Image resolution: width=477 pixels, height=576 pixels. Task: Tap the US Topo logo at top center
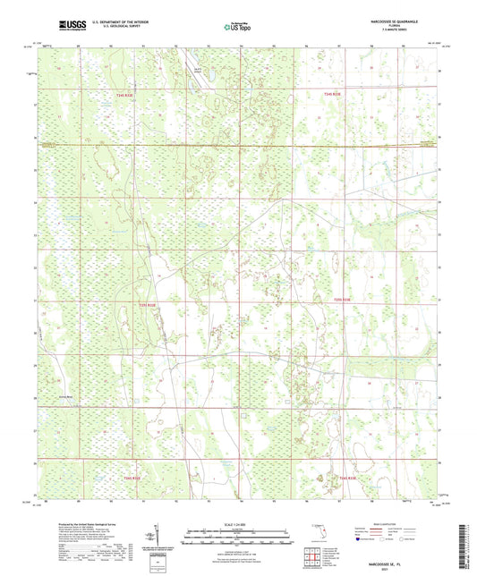(237, 27)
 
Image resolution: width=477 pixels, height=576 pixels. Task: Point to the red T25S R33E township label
(344, 300)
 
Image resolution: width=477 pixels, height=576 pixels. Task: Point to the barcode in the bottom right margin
(464, 541)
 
